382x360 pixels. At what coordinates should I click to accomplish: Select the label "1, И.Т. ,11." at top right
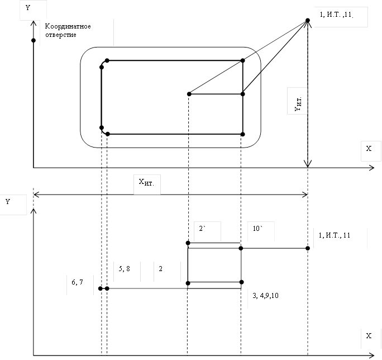pyautogui.click(x=336, y=15)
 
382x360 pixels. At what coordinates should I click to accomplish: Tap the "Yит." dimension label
pyautogui.click(x=299, y=104)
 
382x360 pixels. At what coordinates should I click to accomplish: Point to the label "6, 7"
pyautogui.click(x=78, y=283)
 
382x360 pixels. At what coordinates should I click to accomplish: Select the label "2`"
pyautogui.click(x=204, y=229)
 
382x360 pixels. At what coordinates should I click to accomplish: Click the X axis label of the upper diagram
pyautogui.click(x=369, y=149)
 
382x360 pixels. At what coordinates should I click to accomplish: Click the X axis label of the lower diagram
pyautogui.click(x=369, y=336)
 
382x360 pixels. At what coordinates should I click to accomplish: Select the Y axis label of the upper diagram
pyautogui.click(x=28, y=8)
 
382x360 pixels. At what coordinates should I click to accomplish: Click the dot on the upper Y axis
pyautogui.click(x=34, y=40)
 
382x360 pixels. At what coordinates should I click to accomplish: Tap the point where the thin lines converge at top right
pyautogui.click(x=308, y=21)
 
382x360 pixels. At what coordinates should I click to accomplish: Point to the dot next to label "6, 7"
pyautogui.click(x=101, y=288)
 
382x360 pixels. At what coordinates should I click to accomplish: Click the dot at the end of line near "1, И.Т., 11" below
pyautogui.click(x=308, y=248)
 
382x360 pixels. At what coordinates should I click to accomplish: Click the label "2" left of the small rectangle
pyautogui.click(x=161, y=269)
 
